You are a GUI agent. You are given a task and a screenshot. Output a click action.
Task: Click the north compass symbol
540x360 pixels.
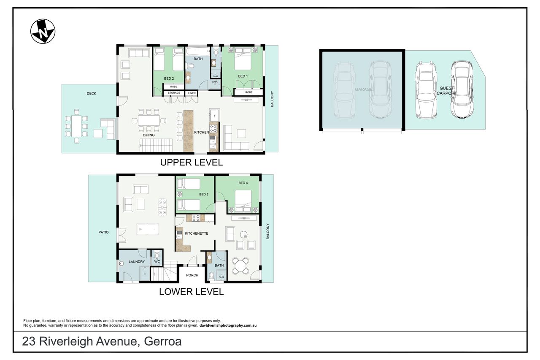click(43, 31)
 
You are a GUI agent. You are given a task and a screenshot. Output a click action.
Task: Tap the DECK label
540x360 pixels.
click(92, 93)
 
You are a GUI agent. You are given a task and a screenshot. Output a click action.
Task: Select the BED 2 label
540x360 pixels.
click(169, 78)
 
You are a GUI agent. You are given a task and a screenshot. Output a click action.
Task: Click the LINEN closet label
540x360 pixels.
click(192, 93)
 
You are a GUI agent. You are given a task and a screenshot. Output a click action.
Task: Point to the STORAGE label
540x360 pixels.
click(174, 92)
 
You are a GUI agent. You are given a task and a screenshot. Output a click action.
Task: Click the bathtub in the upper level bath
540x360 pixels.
click(198, 51)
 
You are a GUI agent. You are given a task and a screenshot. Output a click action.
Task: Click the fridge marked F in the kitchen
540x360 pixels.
click(214, 115)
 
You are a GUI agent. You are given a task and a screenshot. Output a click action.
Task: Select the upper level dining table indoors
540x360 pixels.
click(149, 121)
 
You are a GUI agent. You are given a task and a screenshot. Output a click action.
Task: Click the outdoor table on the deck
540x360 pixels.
click(77, 126)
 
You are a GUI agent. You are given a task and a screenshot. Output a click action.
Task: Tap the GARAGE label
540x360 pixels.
click(364, 89)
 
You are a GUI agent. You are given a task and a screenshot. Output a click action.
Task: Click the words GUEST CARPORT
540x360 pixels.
click(447, 91)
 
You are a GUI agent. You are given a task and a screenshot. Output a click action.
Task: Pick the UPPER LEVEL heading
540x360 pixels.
click(192, 162)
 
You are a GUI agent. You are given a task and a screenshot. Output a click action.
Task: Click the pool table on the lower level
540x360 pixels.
click(148, 229)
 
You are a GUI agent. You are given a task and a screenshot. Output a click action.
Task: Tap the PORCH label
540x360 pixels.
click(192, 275)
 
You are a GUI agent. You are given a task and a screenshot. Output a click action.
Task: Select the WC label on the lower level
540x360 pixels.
click(157, 261)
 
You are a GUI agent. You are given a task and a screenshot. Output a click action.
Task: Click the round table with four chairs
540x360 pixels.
click(240, 266)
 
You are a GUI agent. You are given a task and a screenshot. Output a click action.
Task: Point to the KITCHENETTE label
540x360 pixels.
click(197, 233)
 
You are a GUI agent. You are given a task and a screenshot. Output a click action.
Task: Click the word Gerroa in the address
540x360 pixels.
click(163, 341)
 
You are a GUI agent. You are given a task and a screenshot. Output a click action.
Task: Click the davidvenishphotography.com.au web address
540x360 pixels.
click(228, 325)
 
